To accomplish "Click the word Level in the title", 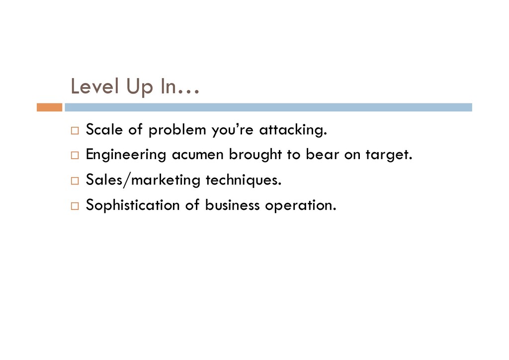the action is (95, 87).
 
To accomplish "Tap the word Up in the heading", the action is (139, 88).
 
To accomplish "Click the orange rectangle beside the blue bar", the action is (49, 107).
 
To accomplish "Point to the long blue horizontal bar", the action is (268, 107).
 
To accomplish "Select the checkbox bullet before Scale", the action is (75, 130).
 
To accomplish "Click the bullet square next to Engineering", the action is (75, 155).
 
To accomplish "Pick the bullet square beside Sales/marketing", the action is (75, 180).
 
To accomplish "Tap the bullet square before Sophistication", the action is (75, 206).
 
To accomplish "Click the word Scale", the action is (104, 129).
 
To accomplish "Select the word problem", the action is (177, 130).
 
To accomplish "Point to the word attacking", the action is (293, 130).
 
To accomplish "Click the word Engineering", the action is (126, 155).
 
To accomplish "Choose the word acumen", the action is (198, 155).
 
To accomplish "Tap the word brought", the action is (255, 155).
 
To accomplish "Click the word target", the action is (389, 155).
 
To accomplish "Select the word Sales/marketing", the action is (143, 180).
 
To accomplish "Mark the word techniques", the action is (244, 180).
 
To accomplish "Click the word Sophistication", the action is (133, 205).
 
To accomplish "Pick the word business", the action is (233, 205).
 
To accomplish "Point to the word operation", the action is (301, 206).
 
